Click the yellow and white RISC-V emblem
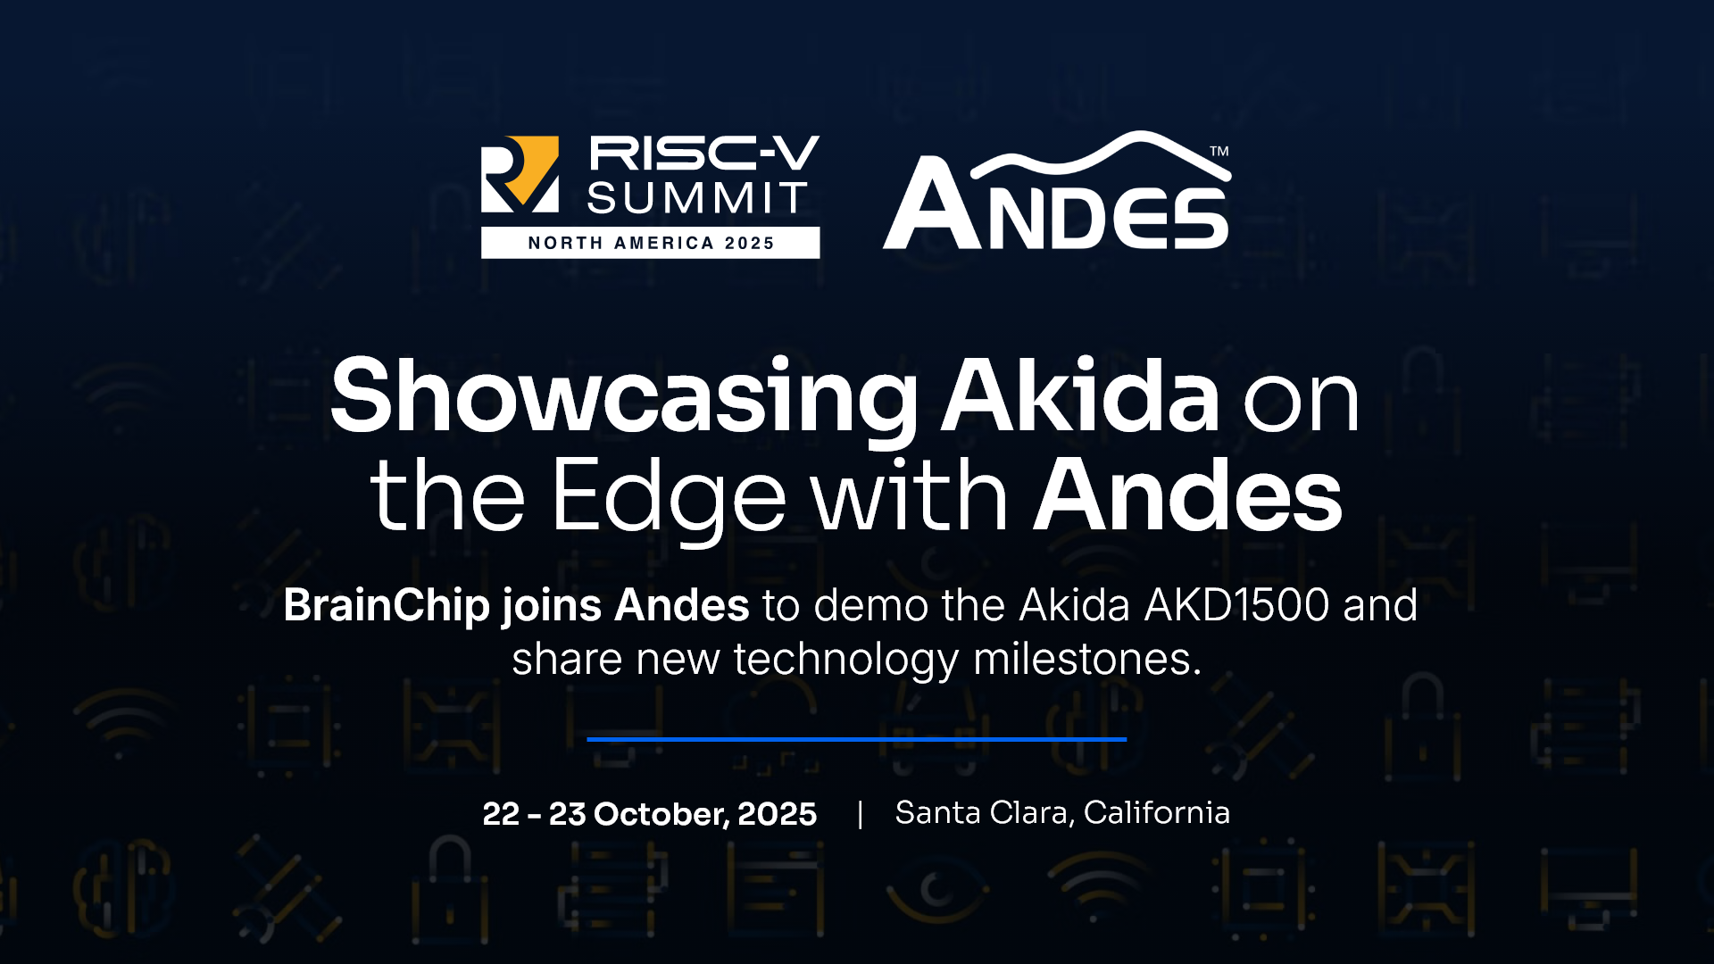point(520,174)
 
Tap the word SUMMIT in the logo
point(697,198)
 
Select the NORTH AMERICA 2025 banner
point(650,243)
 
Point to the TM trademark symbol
point(1219,151)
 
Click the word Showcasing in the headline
point(624,397)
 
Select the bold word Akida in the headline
point(1081,394)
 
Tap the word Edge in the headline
point(669,497)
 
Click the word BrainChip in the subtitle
point(387,605)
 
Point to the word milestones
point(1087,660)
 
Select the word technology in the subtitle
point(846,661)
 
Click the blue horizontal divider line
point(857,739)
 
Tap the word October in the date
point(661,814)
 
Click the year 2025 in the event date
point(778,814)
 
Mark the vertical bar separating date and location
point(860,814)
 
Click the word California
point(1157,812)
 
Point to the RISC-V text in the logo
point(703,153)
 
